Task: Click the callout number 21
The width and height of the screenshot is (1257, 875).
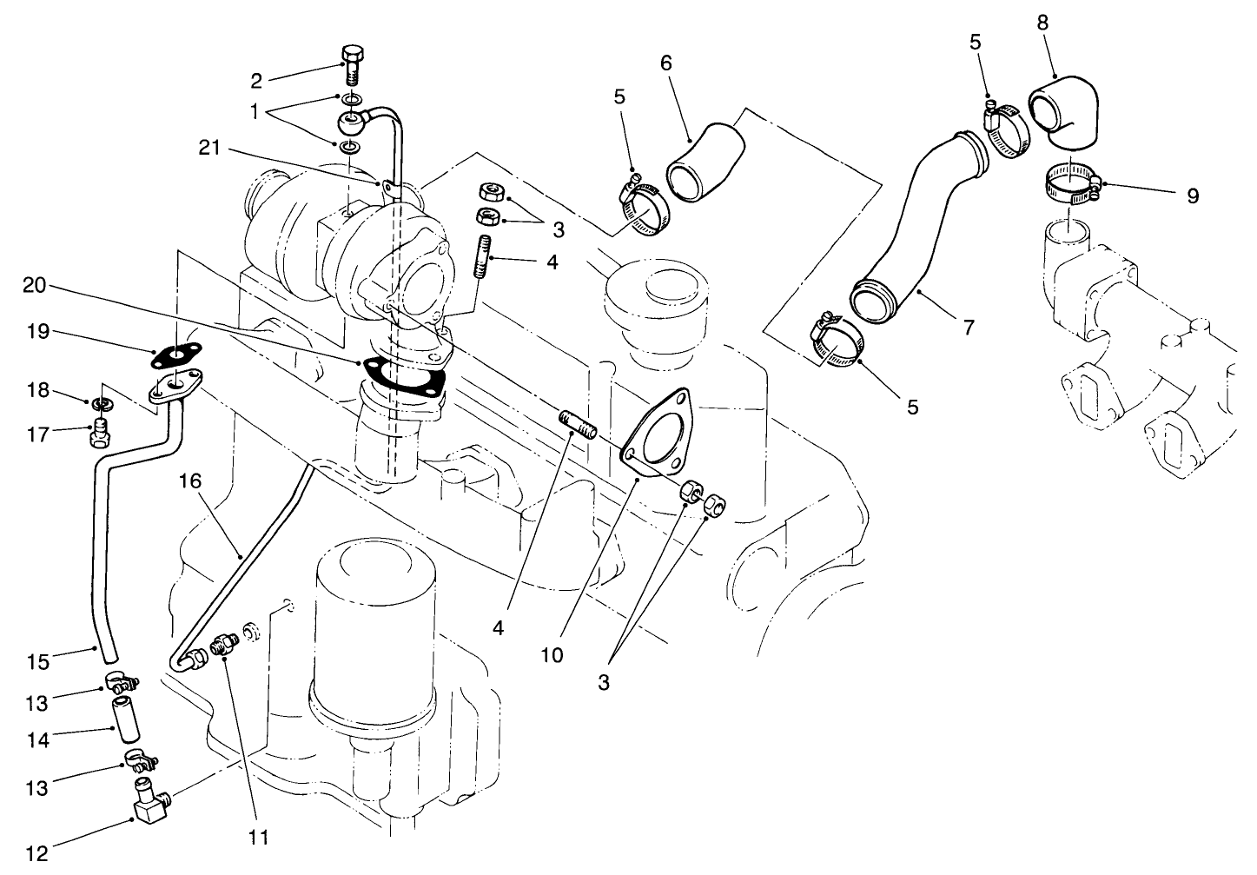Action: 210,149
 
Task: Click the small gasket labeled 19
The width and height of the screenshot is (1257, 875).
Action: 179,355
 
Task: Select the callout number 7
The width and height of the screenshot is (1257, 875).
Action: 968,328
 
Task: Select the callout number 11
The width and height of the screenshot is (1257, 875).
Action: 258,838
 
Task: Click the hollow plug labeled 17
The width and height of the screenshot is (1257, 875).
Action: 101,432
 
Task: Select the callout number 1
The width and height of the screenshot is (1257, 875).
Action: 254,111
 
